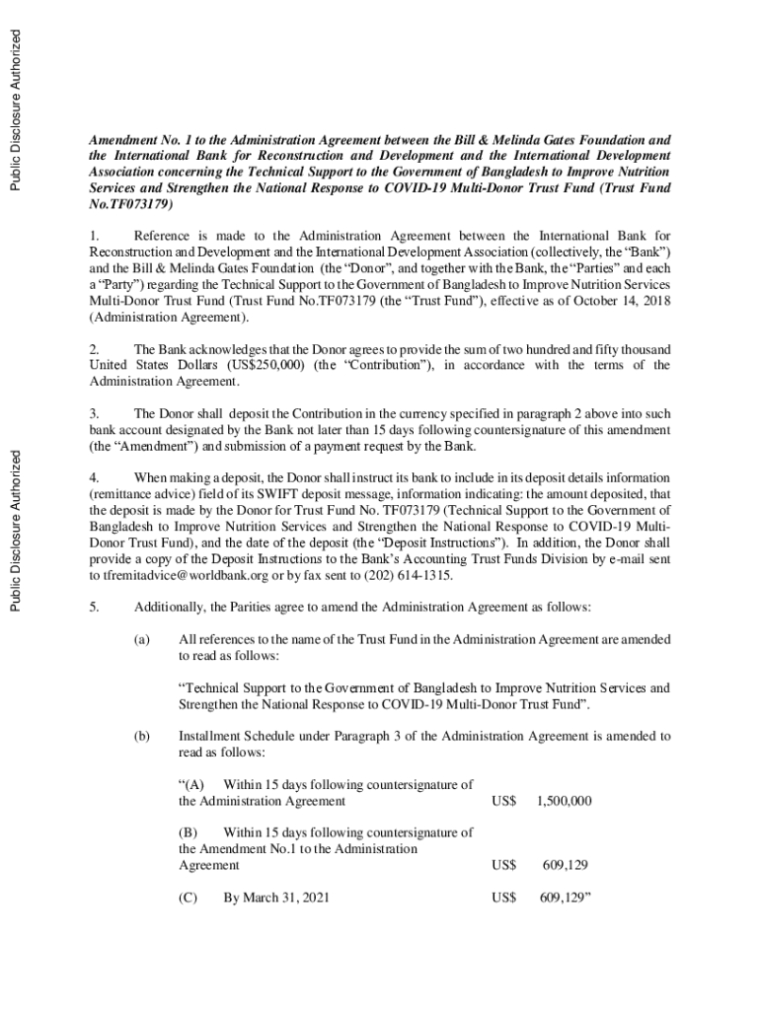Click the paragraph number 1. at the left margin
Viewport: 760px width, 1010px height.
click(95, 236)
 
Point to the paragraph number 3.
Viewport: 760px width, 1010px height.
click(95, 413)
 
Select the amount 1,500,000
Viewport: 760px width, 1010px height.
click(564, 801)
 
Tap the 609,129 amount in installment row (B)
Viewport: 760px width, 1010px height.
click(566, 865)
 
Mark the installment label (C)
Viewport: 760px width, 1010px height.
click(189, 898)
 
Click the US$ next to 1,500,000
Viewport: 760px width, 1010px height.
click(504, 801)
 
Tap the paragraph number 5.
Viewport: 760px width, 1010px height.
click(95, 606)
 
